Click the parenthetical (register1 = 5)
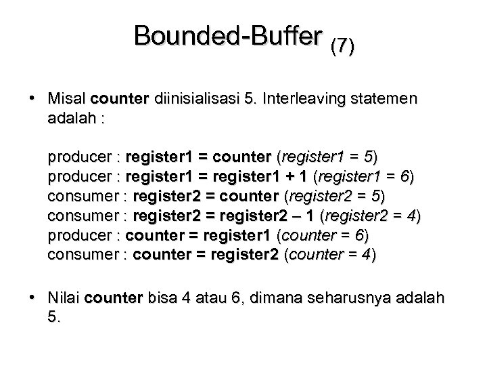327,159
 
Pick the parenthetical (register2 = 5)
334,197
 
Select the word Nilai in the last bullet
65,298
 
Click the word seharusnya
356,298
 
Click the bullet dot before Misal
32,99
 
